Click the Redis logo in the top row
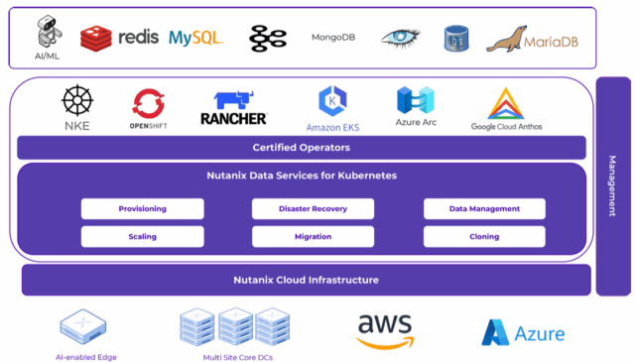(x=119, y=38)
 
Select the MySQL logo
(x=195, y=38)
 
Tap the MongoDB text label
(x=333, y=38)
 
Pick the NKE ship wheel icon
(x=76, y=101)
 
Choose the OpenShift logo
(x=148, y=103)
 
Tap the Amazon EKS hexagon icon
(x=332, y=101)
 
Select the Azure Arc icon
(x=416, y=101)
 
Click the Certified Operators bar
(x=302, y=148)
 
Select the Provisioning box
(x=143, y=208)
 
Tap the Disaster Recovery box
(x=313, y=208)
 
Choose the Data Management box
(x=484, y=208)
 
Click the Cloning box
(x=484, y=237)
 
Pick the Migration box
(x=313, y=237)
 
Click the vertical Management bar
(x=611, y=186)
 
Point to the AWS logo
(x=386, y=330)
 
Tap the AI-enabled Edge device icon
(x=83, y=326)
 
